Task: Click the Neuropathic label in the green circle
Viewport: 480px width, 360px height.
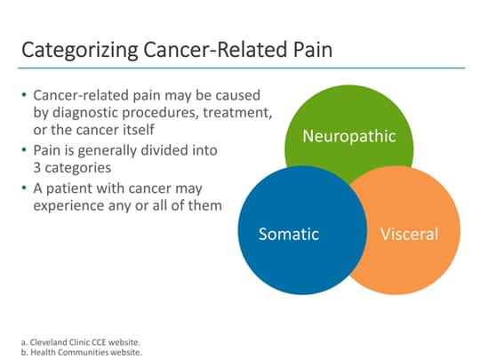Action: (348, 136)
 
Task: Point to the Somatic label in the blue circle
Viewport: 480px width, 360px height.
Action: (288, 235)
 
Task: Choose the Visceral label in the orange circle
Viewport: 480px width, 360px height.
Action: (409, 235)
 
